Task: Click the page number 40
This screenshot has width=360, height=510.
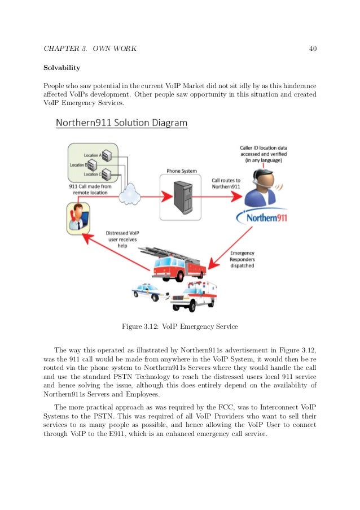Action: (x=313, y=49)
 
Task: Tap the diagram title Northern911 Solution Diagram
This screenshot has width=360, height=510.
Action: (x=121, y=123)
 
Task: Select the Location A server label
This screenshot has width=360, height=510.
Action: (x=91, y=154)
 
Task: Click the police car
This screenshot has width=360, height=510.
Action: (x=150, y=292)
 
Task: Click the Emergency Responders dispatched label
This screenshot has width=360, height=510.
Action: (x=242, y=260)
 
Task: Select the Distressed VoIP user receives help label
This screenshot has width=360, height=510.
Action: (x=122, y=239)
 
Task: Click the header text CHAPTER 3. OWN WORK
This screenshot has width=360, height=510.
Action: (x=90, y=49)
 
